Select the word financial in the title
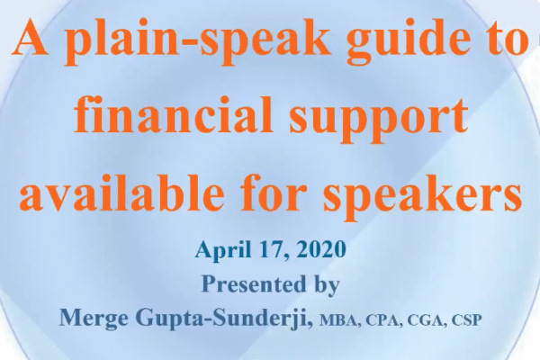click(173, 114)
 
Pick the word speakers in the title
click(422, 194)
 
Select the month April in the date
click(222, 250)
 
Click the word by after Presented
click(328, 285)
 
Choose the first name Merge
click(93, 319)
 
